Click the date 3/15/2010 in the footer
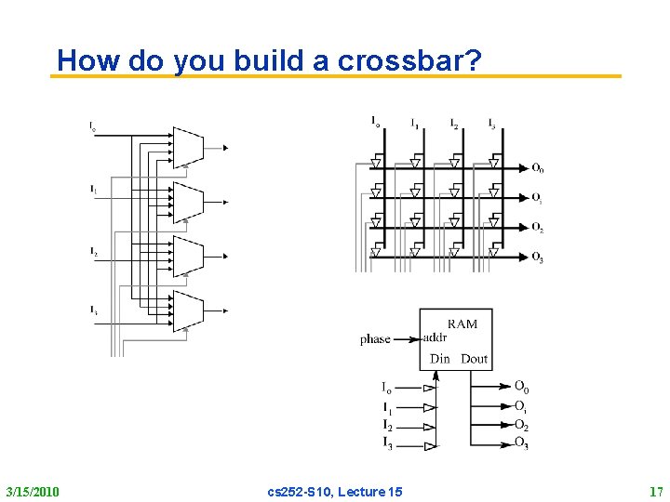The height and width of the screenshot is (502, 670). [x=33, y=491]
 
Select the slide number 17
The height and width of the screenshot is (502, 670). [x=654, y=491]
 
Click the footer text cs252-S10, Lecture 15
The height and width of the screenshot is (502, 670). [x=334, y=491]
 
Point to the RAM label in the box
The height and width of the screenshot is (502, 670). [x=462, y=324]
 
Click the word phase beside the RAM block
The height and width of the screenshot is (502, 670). [x=376, y=339]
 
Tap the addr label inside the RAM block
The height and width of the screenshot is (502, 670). [x=435, y=337]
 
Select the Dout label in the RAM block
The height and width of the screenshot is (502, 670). [x=475, y=359]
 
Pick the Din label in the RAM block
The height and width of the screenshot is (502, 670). [x=440, y=359]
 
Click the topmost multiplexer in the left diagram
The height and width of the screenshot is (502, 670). [x=188, y=147]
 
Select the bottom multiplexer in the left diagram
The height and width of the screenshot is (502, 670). [x=188, y=310]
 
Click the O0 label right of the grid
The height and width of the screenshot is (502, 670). [x=538, y=168]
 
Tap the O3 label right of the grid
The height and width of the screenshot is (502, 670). [x=538, y=258]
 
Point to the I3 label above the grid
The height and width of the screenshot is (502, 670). [x=491, y=123]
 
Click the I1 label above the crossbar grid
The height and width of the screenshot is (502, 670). [x=415, y=123]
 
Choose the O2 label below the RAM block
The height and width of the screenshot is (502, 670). [x=521, y=426]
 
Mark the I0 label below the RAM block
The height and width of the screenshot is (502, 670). [x=387, y=388]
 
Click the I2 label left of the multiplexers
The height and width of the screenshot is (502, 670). [x=94, y=251]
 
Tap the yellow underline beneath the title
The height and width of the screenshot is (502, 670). [x=335, y=76]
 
